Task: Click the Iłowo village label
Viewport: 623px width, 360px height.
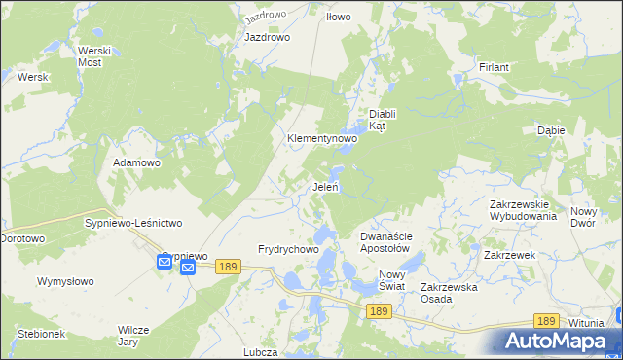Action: pyautogui.click(x=338, y=17)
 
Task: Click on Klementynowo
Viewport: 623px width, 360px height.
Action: pyautogui.click(x=322, y=139)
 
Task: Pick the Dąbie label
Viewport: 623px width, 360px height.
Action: pyautogui.click(x=552, y=129)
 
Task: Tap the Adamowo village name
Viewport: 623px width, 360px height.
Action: pyautogui.click(x=136, y=162)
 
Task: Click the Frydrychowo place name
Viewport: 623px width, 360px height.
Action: pyautogui.click(x=288, y=250)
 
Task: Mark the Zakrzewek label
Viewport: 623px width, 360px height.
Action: pyautogui.click(x=510, y=255)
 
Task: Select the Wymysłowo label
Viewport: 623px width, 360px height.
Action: pyautogui.click(x=65, y=281)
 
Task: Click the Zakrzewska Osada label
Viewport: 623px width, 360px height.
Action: pyautogui.click(x=448, y=293)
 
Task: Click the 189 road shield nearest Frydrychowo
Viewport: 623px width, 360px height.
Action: pyautogui.click(x=229, y=267)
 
